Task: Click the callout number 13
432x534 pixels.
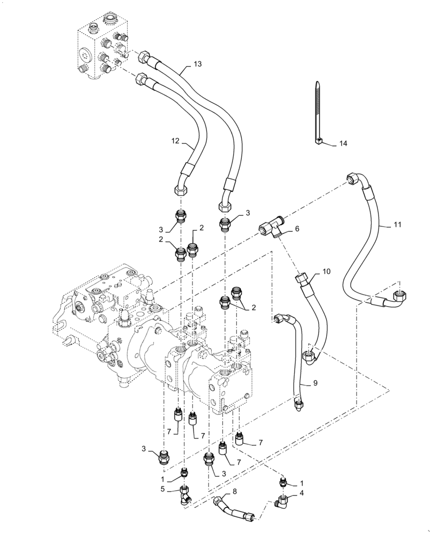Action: click(183, 65)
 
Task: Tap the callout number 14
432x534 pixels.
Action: click(343, 144)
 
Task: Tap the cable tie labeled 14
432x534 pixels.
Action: click(318, 112)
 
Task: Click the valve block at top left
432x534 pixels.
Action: click(102, 48)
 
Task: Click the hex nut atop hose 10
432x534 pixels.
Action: click(301, 279)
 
